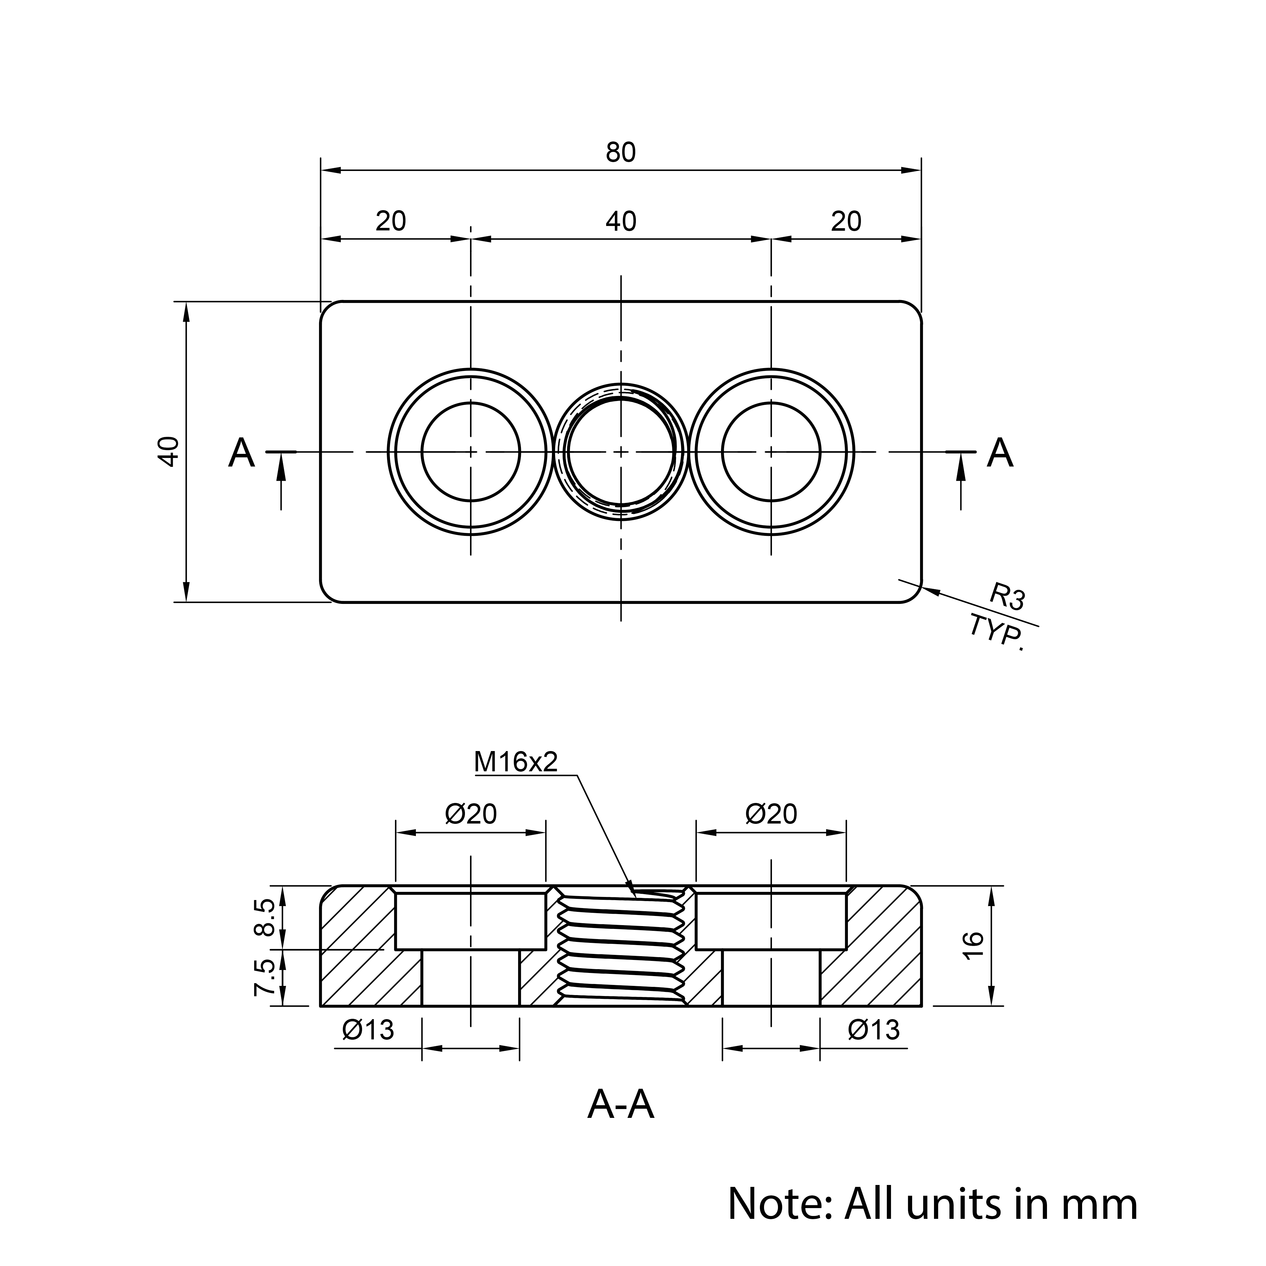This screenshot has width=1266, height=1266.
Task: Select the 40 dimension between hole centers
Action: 621,222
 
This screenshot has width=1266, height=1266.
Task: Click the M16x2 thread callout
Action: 516,762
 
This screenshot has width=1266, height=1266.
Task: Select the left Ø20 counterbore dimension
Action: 471,814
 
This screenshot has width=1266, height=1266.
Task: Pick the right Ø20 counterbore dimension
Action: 771,814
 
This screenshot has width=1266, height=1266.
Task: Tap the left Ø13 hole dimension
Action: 368,1031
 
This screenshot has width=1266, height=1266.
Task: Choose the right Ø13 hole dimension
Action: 874,1031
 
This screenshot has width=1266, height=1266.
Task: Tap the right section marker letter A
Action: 1000,453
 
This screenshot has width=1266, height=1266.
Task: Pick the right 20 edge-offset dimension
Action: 846,222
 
